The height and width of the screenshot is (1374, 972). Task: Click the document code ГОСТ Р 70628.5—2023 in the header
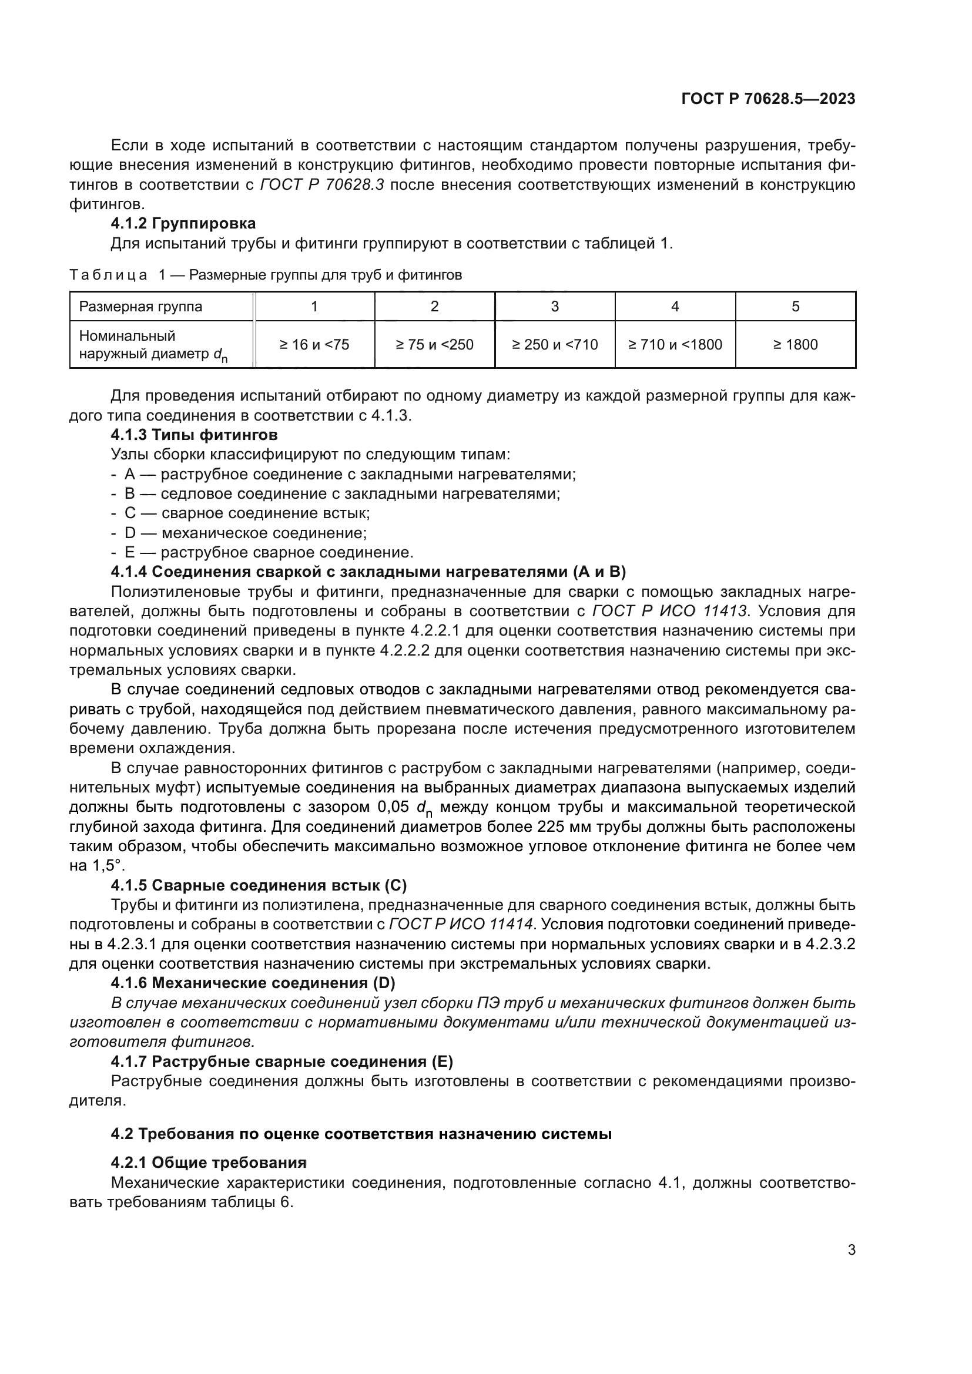(x=768, y=99)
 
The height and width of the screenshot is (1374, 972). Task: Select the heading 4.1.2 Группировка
(x=183, y=224)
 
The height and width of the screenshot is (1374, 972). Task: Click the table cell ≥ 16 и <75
(x=314, y=345)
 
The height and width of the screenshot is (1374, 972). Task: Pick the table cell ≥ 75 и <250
(x=434, y=345)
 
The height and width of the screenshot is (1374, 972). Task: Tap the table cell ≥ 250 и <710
(x=555, y=345)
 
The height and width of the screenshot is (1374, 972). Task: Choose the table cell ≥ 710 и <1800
(x=675, y=345)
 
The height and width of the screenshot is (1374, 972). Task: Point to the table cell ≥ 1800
(x=795, y=345)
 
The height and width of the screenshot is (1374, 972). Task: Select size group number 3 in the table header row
(x=555, y=307)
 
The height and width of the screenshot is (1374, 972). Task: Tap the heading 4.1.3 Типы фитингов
(x=194, y=435)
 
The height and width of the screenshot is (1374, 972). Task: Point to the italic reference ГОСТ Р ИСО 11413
(x=669, y=612)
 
